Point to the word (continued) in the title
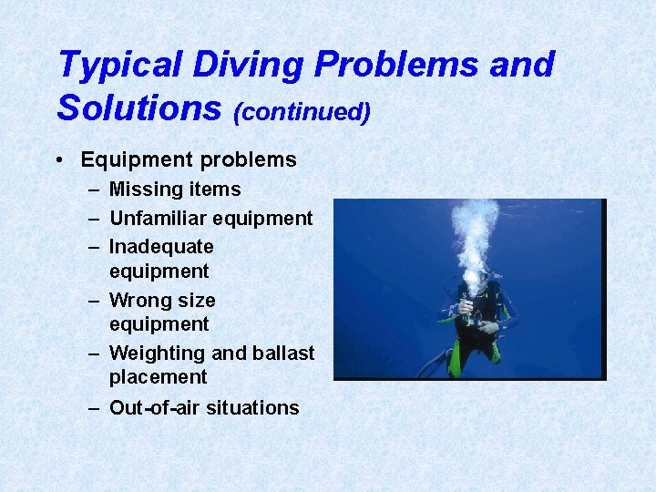point(302,111)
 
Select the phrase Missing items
point(175,190)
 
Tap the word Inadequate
point(161,247)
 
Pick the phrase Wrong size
point(162,300)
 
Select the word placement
point(158,377)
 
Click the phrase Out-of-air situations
point(204,408)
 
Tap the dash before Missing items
point(95,190)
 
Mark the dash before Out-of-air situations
point(95,408)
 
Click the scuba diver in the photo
point(475,314)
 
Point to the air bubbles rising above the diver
point(476,232)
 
